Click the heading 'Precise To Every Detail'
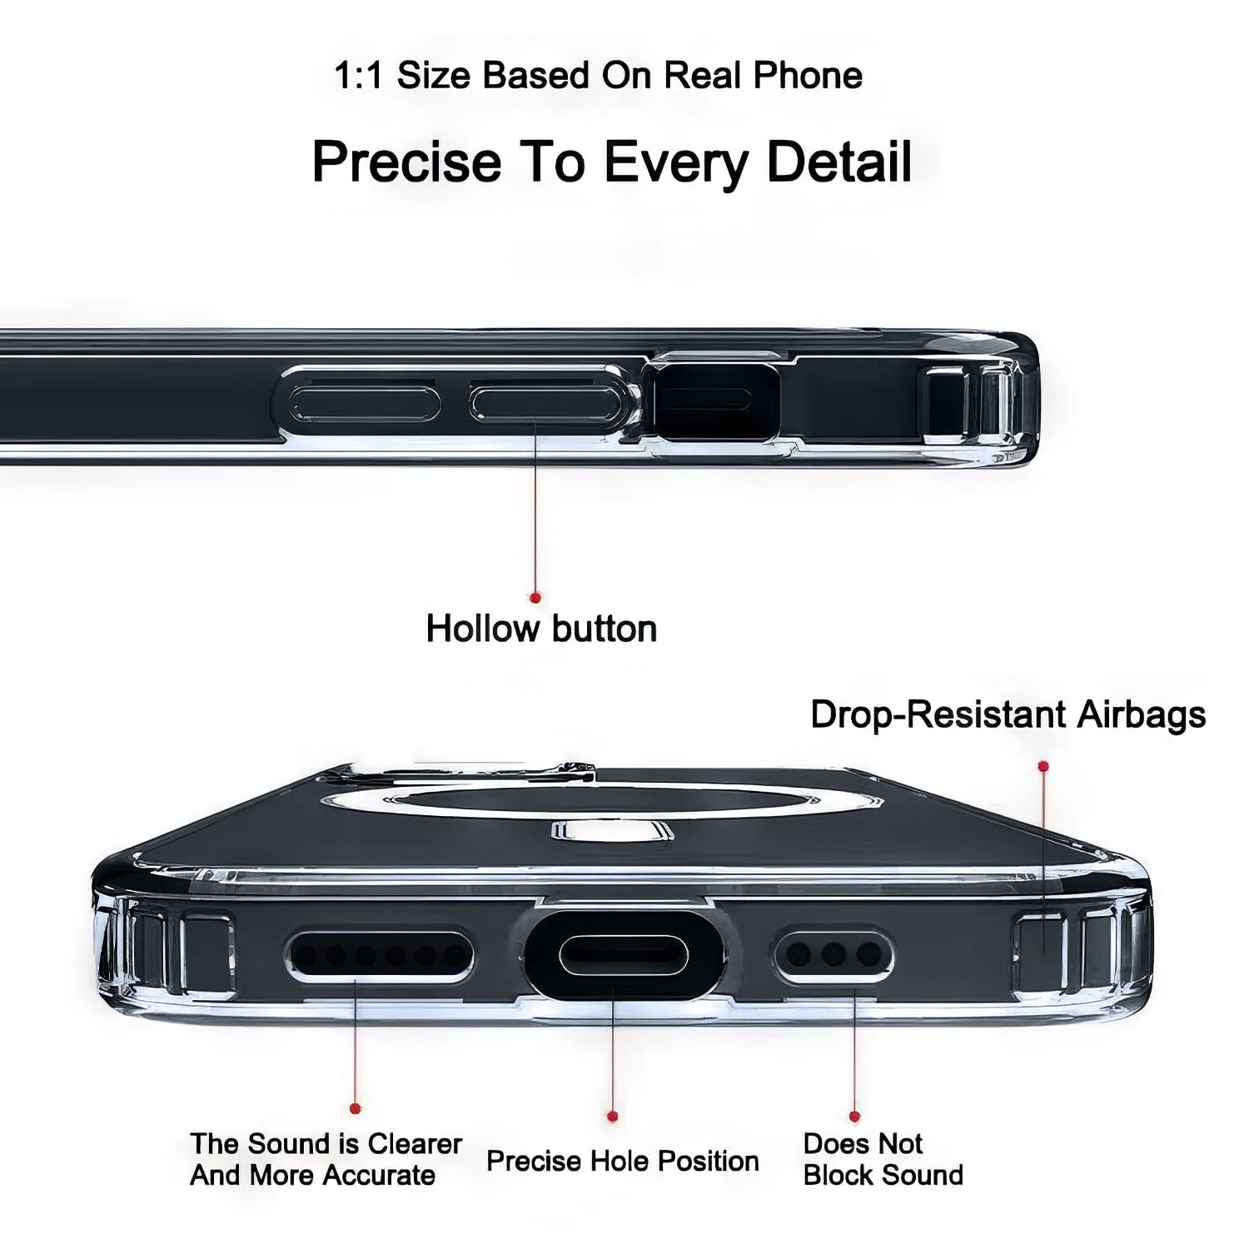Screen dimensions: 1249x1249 click(x=612, y=162)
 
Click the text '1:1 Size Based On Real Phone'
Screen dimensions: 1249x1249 click(x=598, y=76)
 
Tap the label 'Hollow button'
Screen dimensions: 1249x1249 click(x=541, y=629)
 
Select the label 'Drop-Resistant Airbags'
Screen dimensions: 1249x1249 click(x=1008, y=715)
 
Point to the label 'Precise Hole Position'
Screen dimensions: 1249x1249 click(x=623, y=1161)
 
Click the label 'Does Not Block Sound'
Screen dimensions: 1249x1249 click(x=883, y=1159)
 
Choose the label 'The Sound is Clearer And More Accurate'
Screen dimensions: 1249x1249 click(x=326, y=1159)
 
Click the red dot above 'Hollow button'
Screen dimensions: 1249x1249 click(x=535, y=597)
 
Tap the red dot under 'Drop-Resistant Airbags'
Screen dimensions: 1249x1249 click(x=1043, y=765)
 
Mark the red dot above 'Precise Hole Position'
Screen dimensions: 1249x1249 click(x=613, y=1116)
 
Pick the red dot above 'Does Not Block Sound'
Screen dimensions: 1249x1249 click(x=854, y=1116)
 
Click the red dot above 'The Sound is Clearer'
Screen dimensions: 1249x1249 click(x=356, y=1107)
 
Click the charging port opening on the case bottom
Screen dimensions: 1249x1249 click(x=623, y=954)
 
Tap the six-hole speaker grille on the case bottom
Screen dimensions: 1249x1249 click(x=380, y=956)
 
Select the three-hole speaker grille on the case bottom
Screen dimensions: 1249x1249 click(x=833, y=954)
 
